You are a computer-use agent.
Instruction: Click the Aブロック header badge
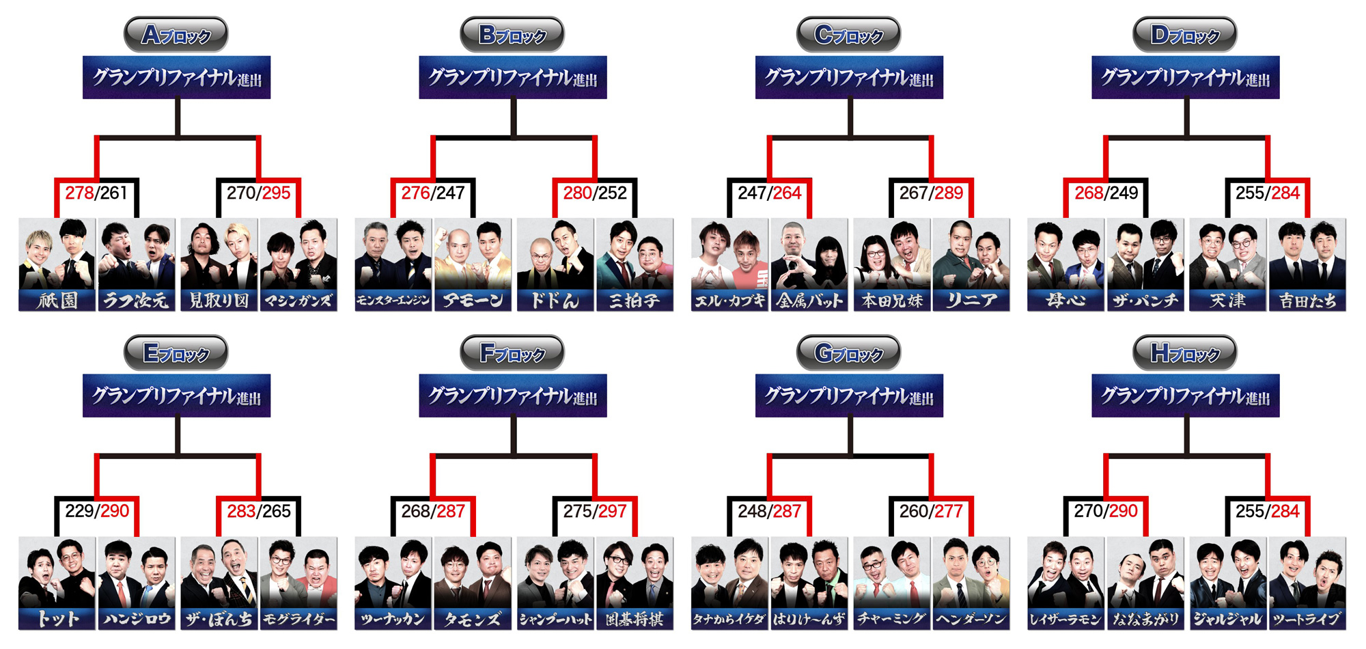pyautogui.click(x=176, y=34)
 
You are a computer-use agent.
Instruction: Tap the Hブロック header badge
pyautogui.click(x=1184, y=353)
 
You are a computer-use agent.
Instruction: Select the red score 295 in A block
pyautogui.click(x=276, y=193)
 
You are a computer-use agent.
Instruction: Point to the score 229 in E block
pyautogui.click(x=79, y=511)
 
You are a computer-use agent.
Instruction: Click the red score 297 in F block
pyautogui.click(x=612, y=511)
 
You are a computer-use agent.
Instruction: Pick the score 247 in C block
pyautogui.click(x=752, y=193)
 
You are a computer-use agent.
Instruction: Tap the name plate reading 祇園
pyautogui.click(x=57, y=300)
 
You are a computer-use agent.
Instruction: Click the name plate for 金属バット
pyautogui.click(x=809, y=300)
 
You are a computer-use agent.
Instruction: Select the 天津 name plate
pyautogui.click(x=1227, y=300)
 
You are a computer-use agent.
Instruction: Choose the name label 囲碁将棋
pyautogui.click(x=635, y=619)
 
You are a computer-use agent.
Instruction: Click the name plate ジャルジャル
pyautogui.click(x=1227, y=619)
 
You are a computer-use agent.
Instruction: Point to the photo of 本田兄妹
pyautogui.click(x=892, y=254)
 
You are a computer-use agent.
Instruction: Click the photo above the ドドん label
pyautogui.click(x=555, y=254)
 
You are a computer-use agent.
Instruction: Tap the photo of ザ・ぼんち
pyautogui.click(x=219, y=572)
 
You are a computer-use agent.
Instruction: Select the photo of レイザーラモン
pyautogui.click(x=1065, y=572)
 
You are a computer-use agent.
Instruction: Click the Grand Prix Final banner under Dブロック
pyautogui.click(x=1185, y=77)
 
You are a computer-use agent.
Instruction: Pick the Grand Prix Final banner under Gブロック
pyautogui.click(x=849, y=396)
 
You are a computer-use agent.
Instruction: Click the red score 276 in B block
pyautogui.click(x=415, y=193)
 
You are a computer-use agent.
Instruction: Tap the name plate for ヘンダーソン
pyautogui.click(x=971, y=619)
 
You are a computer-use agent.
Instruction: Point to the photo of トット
pyautogui.click(x=57, y=572)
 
